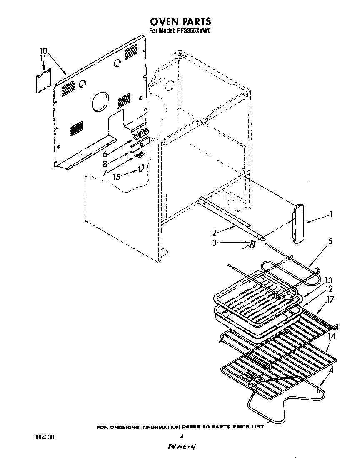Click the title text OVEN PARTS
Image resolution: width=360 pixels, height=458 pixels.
180,21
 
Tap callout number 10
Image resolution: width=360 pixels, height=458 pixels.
44,51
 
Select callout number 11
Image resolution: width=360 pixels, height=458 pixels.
43,59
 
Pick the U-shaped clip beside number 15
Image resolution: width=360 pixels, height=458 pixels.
141,169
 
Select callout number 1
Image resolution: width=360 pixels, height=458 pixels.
330,214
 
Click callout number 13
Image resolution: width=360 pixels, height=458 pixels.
328,280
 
